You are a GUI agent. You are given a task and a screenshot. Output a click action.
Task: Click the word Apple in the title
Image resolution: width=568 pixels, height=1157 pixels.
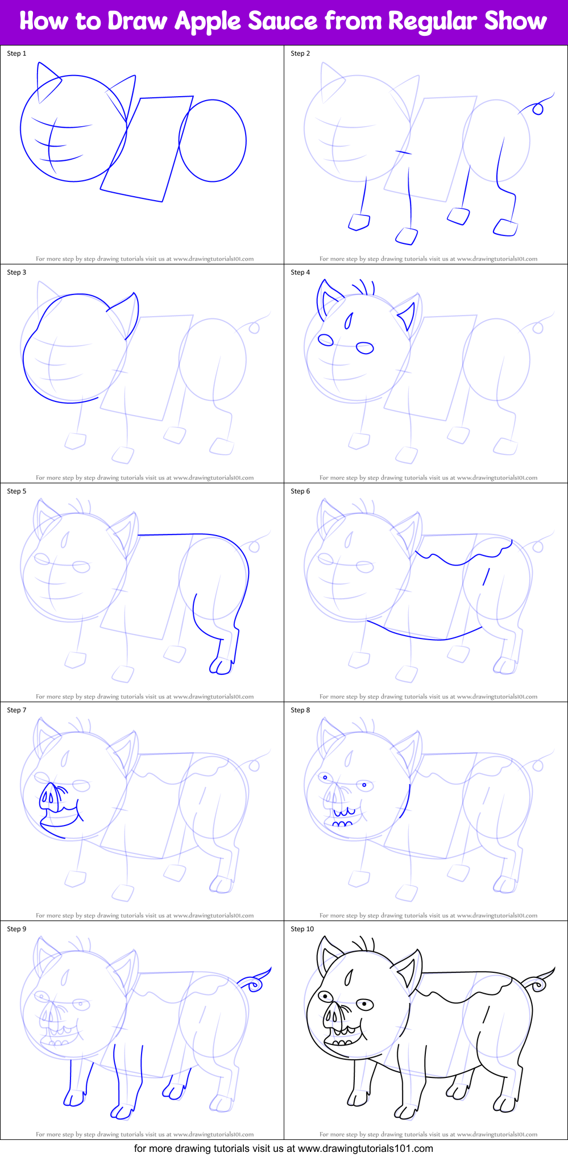(x=208, y=22)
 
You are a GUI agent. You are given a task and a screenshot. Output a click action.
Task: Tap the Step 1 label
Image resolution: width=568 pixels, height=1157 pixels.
(x=16, y=53)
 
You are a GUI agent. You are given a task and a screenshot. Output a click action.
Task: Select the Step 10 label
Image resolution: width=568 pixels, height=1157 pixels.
(x=302, y=929)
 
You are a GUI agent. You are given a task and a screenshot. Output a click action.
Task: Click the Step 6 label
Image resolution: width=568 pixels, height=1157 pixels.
(x=300, y=491)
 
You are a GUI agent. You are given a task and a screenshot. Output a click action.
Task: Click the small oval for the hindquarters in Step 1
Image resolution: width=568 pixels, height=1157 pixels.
(x=213, y=140)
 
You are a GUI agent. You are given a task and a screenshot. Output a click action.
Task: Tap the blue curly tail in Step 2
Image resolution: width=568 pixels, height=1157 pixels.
(x=537, y=107)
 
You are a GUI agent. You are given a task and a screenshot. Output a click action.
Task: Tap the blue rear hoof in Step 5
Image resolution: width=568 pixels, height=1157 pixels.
(x=222, y=666)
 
